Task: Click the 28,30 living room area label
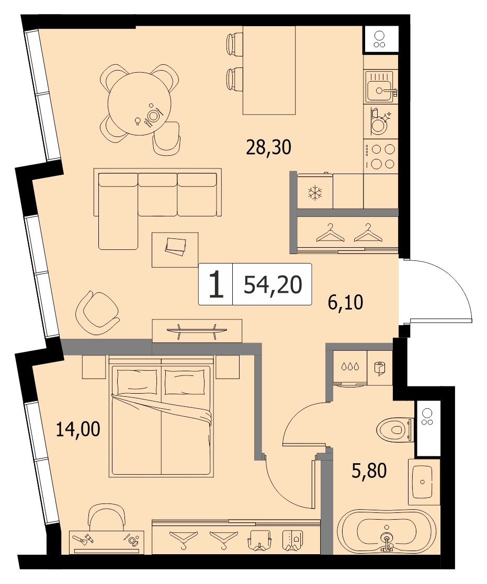[268, 147]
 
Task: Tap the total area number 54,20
[273, 285]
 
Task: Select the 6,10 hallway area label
[345, 302]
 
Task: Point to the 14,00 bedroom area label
[78, 429]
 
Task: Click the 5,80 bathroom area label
[369, 471]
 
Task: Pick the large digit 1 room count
[216, 284]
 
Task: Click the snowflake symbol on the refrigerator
[315, 193]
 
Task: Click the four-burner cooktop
[380, 156]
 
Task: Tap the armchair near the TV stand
[96, 309]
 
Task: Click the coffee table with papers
[175, 250]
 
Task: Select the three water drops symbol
[350, 367]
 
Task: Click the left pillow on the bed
[137, 381]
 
